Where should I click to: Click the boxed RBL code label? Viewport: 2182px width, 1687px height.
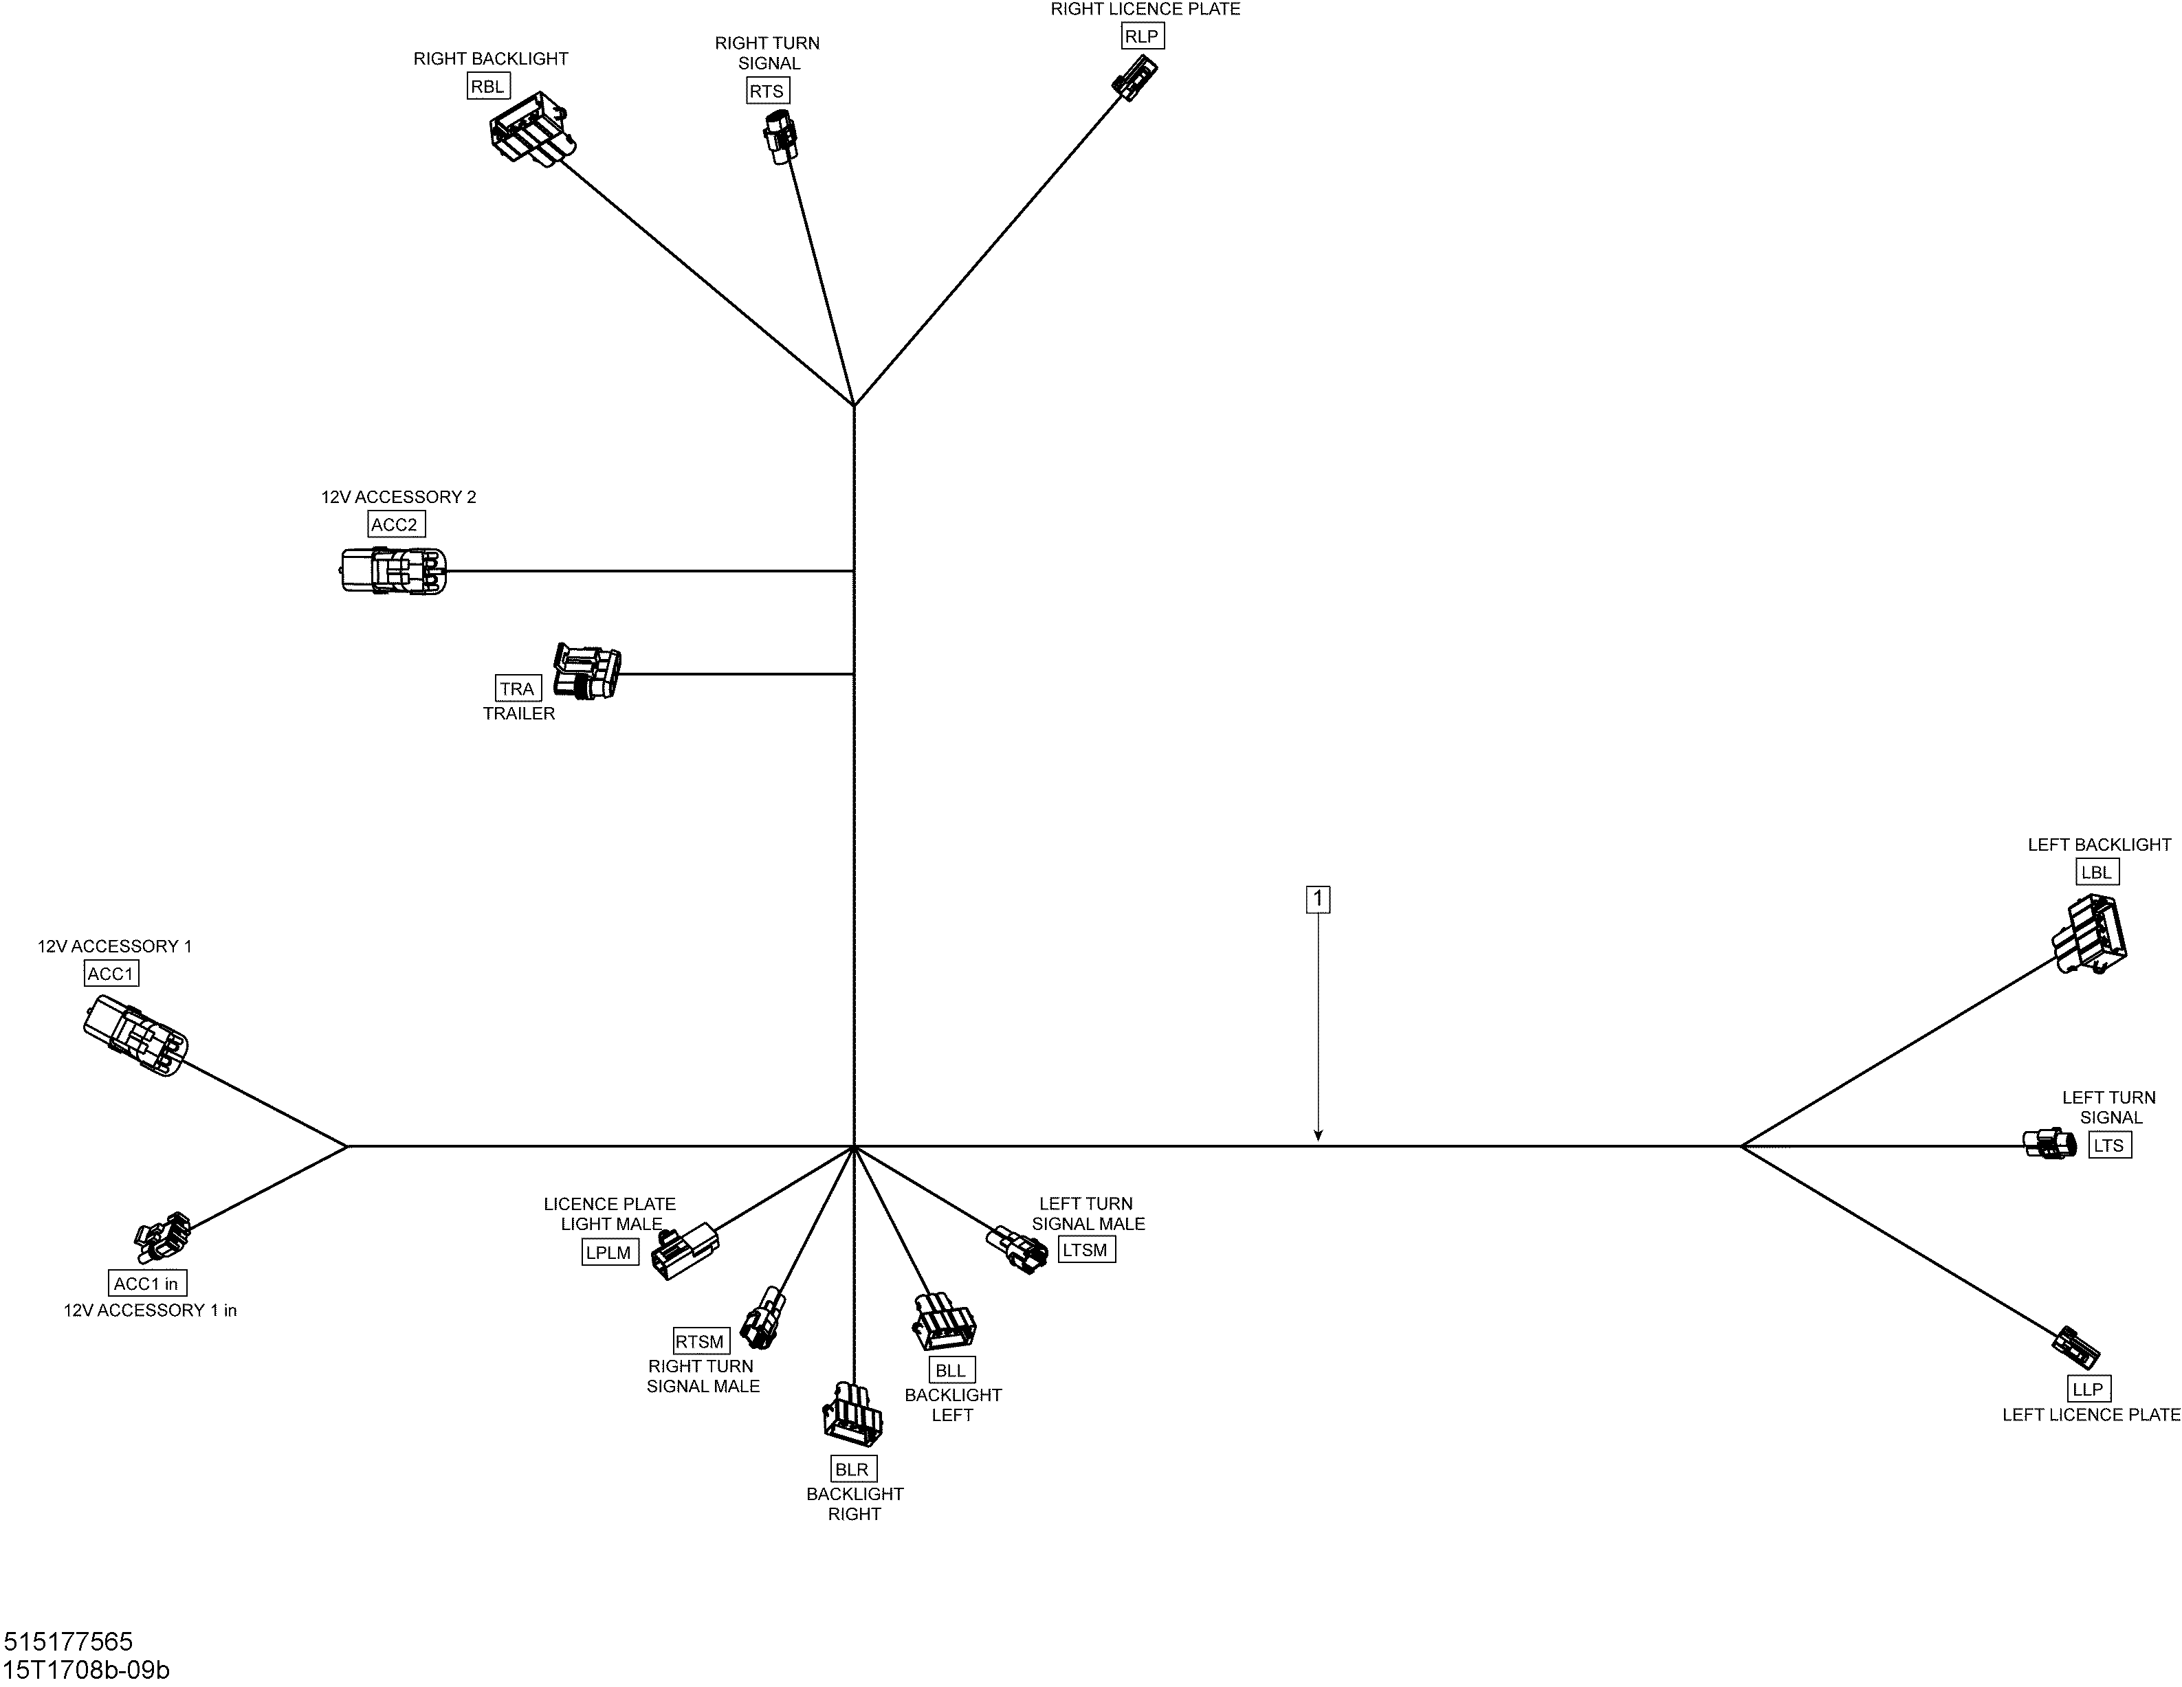487,86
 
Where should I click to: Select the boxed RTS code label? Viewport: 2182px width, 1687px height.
767,91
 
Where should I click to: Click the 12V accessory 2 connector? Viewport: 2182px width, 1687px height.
394,570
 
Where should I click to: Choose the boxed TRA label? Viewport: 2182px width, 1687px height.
518,688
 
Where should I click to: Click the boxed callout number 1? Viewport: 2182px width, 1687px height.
1318,900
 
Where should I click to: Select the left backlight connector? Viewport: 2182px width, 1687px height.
2090,933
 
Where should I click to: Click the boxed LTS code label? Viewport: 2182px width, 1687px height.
2109,1145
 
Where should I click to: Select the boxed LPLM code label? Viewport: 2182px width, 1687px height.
610,1253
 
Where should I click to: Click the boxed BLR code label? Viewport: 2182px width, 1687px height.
852,1469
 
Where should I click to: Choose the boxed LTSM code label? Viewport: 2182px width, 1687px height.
1086,1249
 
